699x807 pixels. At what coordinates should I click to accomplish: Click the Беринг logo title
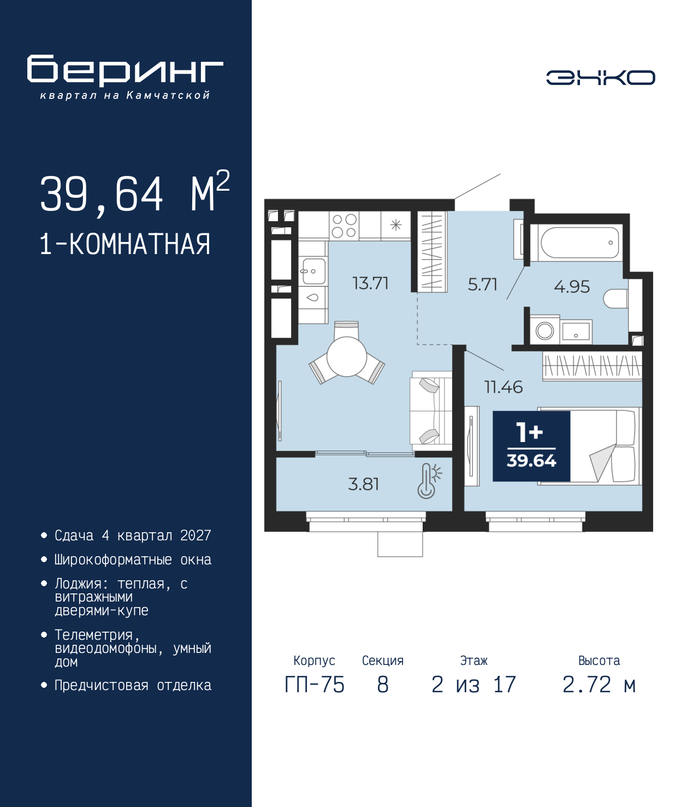coord(125,70)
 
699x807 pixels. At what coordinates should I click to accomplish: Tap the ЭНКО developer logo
coord(600,77)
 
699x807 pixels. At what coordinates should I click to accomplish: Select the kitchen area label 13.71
coord(370,284)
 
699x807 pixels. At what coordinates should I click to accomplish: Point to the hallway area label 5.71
coord(482,285)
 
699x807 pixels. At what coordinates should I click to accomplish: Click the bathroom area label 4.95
coord(572,286)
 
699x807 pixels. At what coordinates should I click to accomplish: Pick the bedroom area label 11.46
coord(503,387)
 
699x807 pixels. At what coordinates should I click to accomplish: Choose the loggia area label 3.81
coord(363,484)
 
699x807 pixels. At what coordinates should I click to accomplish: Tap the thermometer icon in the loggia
coord(429,481)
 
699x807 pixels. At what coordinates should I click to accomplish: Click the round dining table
coord(347,356)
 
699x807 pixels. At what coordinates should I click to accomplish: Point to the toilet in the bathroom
coord(615,299)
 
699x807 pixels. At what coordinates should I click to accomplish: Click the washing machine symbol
coord(545,331)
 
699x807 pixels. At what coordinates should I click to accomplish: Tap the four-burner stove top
coord(344,226)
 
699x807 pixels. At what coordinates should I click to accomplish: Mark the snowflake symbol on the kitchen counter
coord(396,225)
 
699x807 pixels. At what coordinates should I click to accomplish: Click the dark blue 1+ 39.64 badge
coord(531,446)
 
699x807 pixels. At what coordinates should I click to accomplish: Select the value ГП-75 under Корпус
coord(315,685)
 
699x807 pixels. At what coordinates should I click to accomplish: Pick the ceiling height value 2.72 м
coord(599,685)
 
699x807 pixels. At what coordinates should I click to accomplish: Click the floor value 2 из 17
coord(473,685)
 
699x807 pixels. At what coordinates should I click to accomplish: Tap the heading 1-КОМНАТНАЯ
coord(125,244)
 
